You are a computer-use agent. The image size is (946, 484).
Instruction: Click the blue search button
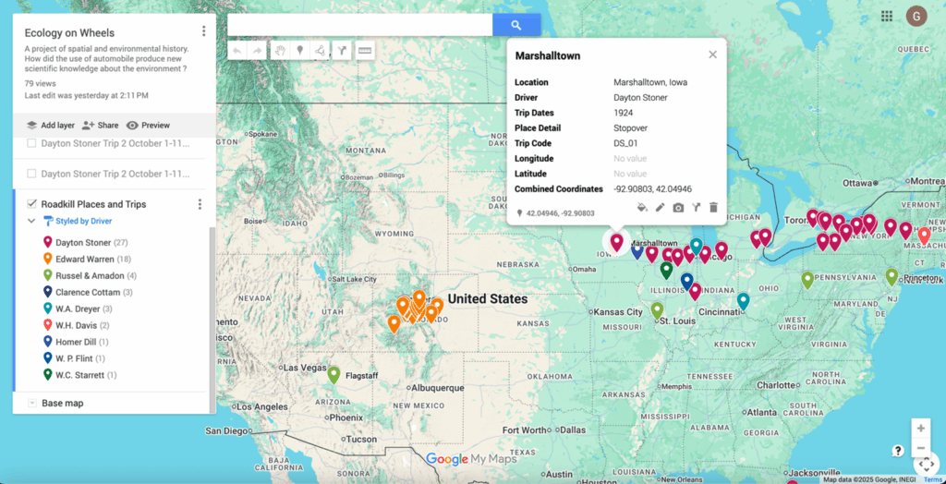(516, 25)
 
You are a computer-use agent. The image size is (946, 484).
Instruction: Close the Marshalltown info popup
(712, 54)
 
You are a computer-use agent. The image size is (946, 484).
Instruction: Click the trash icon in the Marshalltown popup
(713, 208)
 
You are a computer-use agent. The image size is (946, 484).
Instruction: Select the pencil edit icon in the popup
(660, 208)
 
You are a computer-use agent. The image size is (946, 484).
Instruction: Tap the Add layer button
(51, 125)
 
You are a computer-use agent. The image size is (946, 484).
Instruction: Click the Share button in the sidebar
(100, 125)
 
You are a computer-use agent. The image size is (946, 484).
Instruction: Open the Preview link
(148, 125)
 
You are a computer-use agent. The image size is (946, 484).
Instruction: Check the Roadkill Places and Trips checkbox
(32, 204)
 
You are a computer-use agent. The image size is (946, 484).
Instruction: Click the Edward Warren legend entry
(84, 259)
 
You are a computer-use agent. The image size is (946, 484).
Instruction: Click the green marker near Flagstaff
(334, 373)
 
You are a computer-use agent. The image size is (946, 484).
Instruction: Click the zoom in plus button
(920, 429)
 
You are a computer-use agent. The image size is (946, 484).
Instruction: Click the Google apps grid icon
(887, 16)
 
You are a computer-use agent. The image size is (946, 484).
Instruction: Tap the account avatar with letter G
(916, 16)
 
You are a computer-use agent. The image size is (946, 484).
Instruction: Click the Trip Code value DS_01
(626, 143)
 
